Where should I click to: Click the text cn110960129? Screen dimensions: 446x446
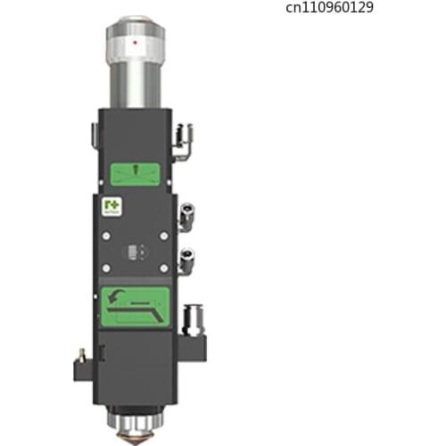coord(330,8)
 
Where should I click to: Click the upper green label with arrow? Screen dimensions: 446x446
coord(137,172)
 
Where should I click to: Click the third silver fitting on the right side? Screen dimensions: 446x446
coord(188,261)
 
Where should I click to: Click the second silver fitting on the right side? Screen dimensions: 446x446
coord(188,214)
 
